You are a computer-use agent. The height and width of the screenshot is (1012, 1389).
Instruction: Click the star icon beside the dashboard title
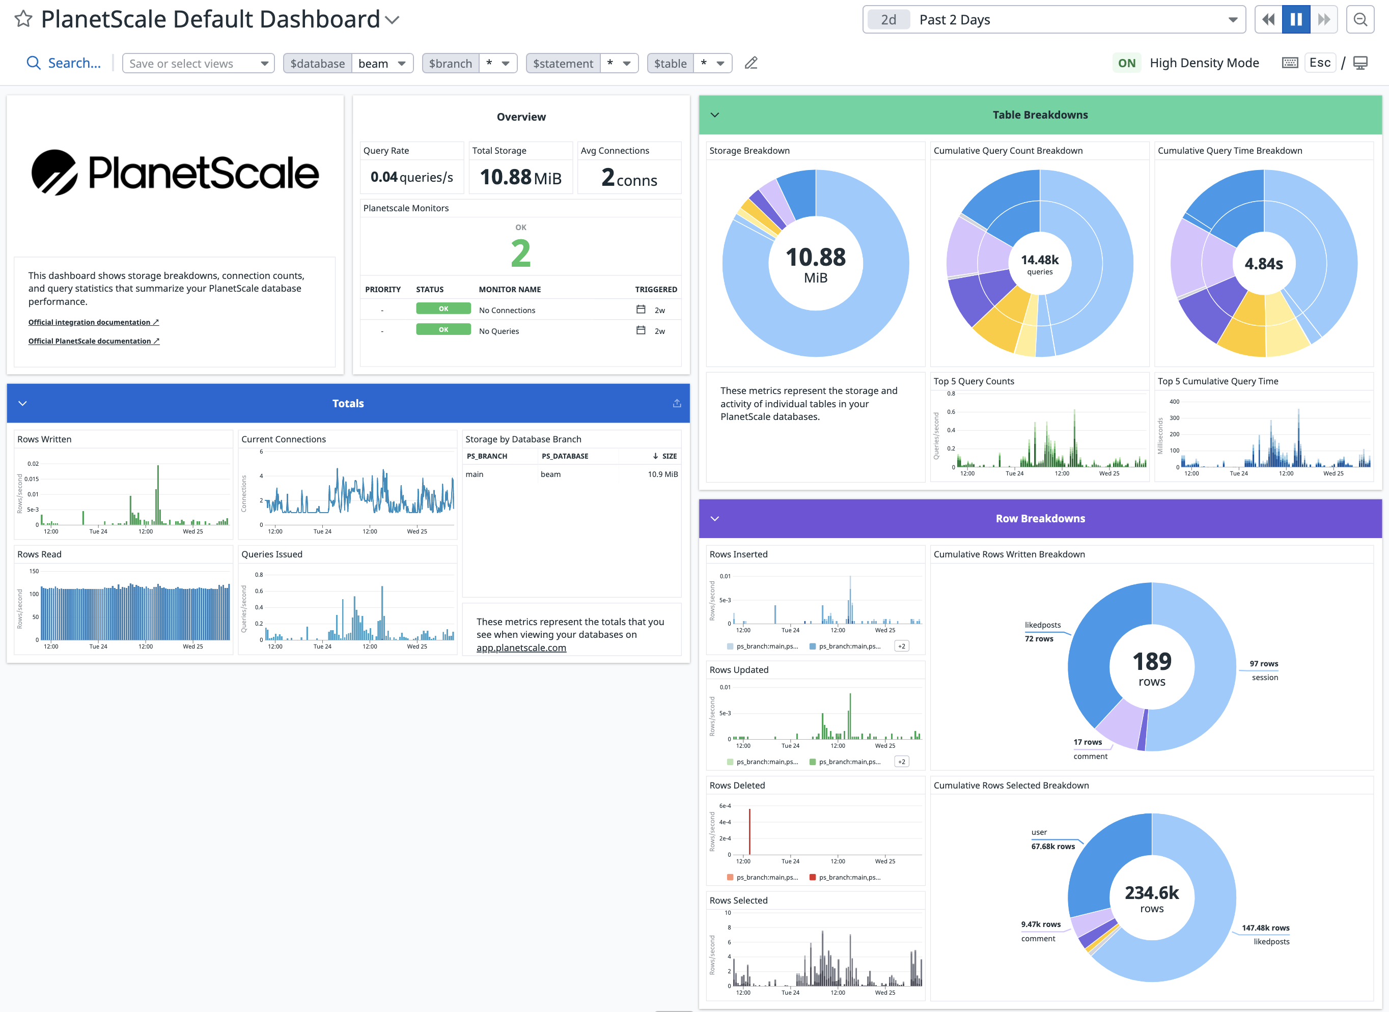[x=23, y=19]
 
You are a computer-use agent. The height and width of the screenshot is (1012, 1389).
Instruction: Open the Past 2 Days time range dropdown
[x=1053, y=20]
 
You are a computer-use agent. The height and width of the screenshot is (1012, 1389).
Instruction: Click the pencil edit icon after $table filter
[x=751, y=63]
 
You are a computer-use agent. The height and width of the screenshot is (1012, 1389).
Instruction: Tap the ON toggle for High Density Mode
[x=1126, y=63]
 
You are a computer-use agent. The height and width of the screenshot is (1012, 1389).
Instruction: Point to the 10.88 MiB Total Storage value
[x=520, y=178]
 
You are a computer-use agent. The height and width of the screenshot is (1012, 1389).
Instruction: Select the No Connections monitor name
[x=507, y=311]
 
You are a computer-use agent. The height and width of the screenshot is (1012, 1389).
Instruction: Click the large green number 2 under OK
[x=520, y=253]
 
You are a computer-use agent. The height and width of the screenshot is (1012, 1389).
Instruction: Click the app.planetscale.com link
[x=521, y=648]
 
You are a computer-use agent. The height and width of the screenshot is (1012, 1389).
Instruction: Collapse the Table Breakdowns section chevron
[x=714, y=115]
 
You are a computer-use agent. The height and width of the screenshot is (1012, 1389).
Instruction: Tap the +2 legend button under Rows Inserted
[x=901, y=646]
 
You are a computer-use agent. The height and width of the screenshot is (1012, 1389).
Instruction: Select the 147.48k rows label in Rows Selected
[x=1265, y=928]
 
